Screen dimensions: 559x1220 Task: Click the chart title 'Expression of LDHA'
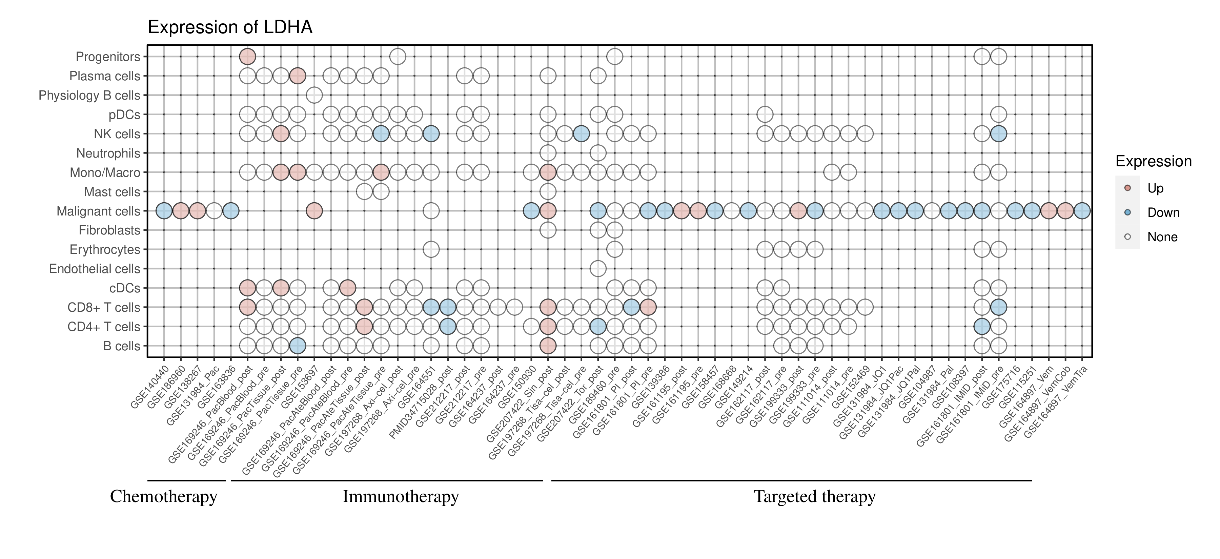coord(230,27)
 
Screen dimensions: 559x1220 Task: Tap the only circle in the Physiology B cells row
coord(314,95)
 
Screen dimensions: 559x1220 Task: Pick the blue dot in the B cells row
coord(298,346)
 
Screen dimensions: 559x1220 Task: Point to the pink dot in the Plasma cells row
coord(298,76)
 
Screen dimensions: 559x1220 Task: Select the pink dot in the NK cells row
coord(281,134)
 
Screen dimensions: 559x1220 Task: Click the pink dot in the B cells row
coord(548,346)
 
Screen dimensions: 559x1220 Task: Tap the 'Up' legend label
coord(1155,188)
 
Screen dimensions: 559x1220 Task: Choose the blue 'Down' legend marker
coord(1127,212)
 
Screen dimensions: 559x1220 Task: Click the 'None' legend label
coord(1162,237)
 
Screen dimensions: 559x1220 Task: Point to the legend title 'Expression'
coord(1153,161)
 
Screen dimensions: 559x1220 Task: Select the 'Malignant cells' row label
coord(99,211)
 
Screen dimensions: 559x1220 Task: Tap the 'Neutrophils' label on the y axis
coord(108,153)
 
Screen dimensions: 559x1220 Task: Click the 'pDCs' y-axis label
coord(125,115)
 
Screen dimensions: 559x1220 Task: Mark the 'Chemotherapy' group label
coord(163,497)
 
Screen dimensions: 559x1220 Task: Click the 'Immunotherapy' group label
coord(401,497)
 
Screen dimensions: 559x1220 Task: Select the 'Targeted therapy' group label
coord(815,497)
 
